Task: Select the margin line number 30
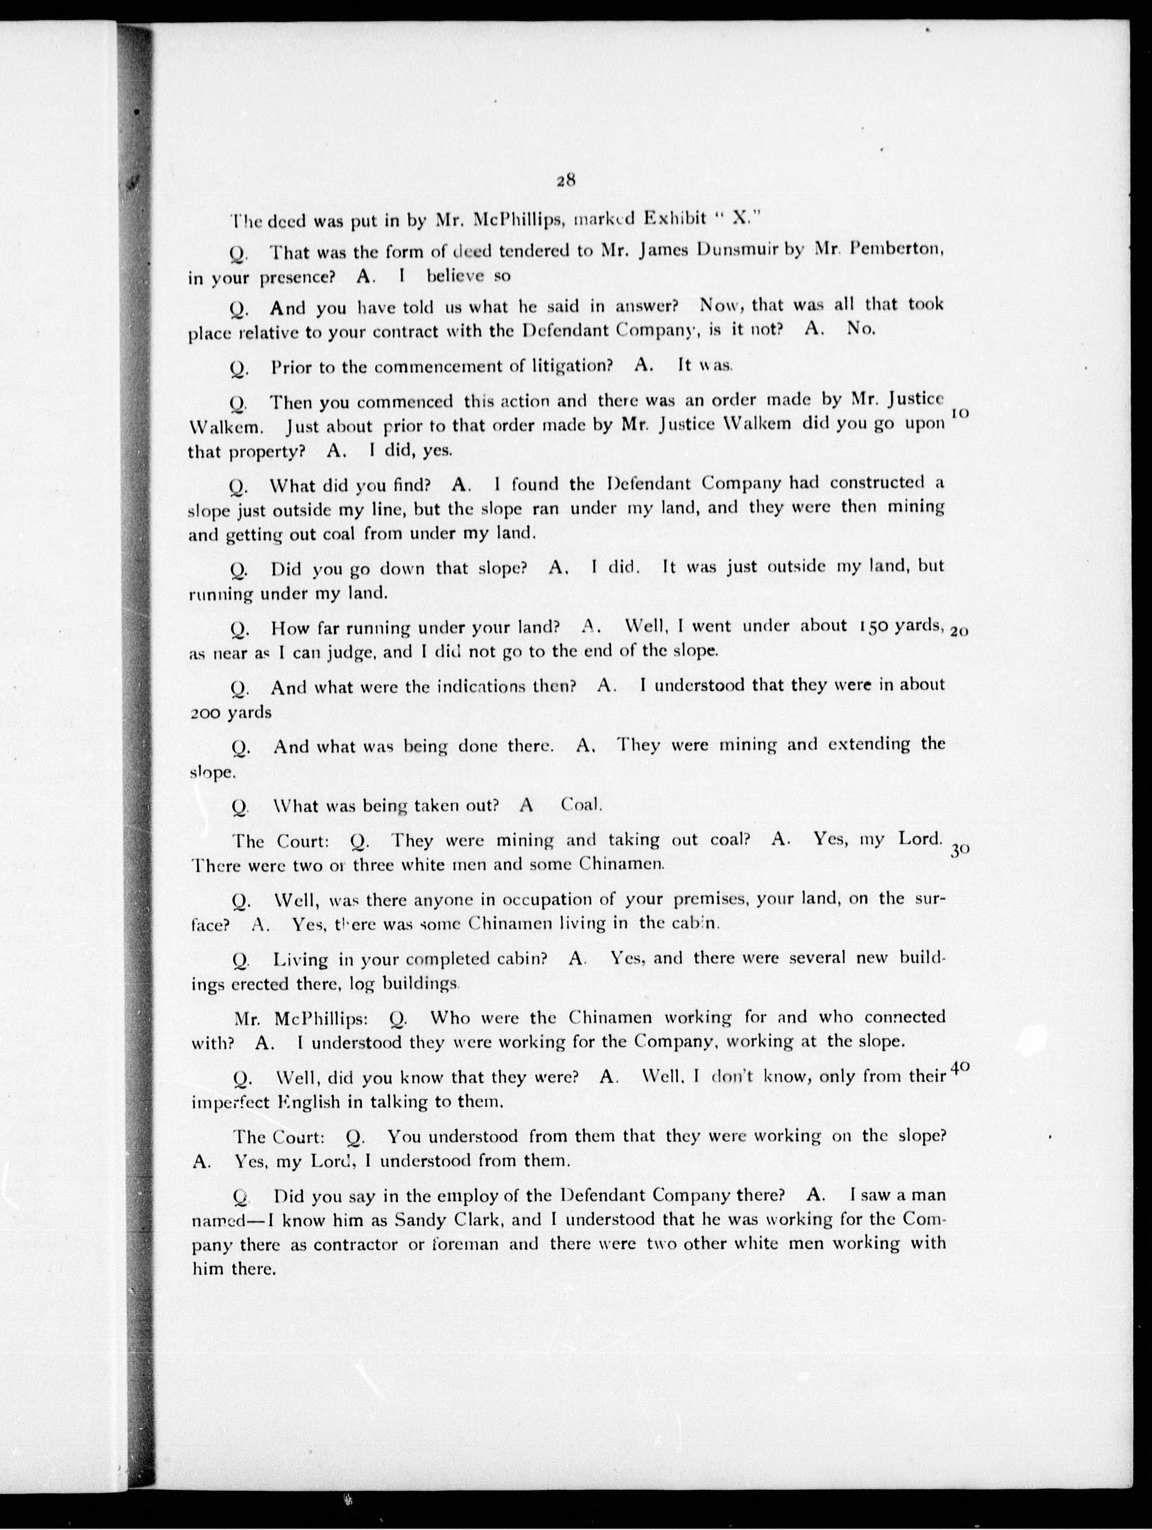click(960, 852)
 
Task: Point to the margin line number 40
click(960, 1068)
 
